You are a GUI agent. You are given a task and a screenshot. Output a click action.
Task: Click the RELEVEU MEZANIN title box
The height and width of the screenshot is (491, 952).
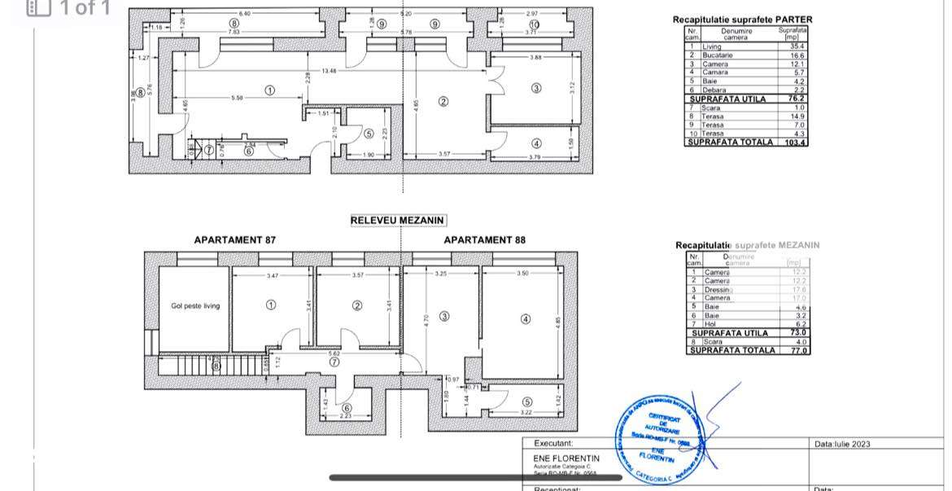[398, 220]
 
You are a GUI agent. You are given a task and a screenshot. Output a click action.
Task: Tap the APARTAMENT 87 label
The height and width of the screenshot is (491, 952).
[234, 240]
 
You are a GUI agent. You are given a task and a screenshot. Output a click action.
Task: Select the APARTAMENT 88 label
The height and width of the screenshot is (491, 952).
[484, 240]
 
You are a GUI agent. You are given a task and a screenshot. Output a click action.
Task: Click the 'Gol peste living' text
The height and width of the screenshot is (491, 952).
[195, 306]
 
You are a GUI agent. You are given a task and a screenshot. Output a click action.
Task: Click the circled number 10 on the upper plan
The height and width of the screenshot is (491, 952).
[534, 24]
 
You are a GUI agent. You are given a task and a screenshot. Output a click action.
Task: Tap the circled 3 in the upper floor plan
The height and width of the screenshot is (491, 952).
[536, 88]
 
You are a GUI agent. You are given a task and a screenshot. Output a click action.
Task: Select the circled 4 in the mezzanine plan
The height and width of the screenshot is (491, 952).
[526, 319]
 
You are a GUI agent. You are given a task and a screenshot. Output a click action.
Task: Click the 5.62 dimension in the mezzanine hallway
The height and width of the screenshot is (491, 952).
[334, 353]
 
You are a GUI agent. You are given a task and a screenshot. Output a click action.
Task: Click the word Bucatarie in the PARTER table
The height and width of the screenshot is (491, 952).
[718, 55]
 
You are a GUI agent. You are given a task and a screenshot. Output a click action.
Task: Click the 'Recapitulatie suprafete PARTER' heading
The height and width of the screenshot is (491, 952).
[742, 20]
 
